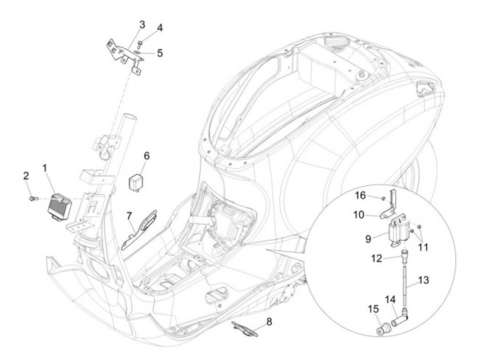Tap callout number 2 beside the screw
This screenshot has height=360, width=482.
tap(26, 176)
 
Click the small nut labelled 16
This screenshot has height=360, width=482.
tap(382, 198)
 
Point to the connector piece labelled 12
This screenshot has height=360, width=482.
tap(405, 254)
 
